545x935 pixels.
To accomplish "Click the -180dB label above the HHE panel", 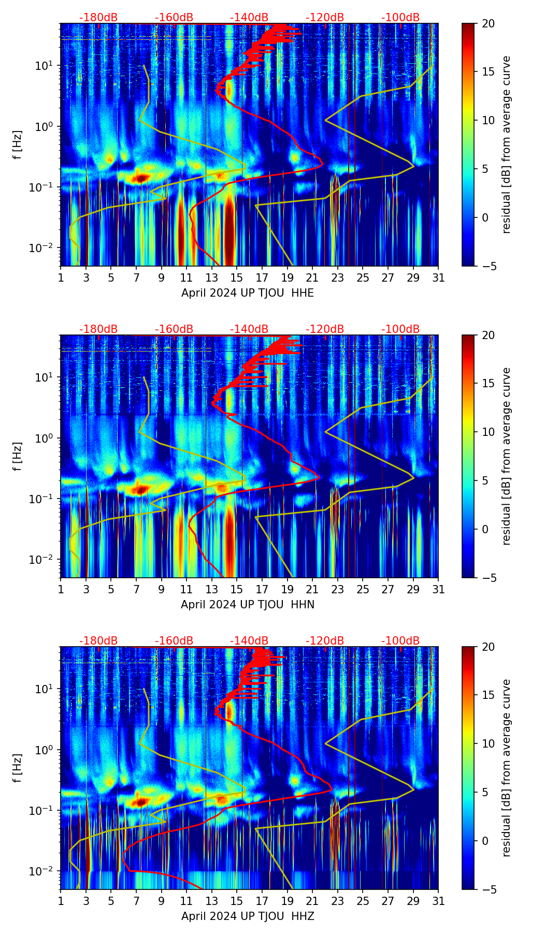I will [98, 18].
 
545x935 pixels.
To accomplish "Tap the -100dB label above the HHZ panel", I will [400, 641].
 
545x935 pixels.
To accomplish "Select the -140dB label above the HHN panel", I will [249, 329].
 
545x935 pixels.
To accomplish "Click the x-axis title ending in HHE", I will [247, 293].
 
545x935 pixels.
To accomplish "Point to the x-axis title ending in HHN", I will [247, 605].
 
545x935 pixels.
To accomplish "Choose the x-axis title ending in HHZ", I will [247, 916].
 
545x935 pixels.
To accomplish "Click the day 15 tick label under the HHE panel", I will [237, 278].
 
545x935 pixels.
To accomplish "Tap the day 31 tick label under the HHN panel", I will [438, 590].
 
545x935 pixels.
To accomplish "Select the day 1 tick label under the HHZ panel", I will [61, 901].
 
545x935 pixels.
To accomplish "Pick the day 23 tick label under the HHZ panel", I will [337, 901].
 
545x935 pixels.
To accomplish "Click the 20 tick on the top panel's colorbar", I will [489, 24].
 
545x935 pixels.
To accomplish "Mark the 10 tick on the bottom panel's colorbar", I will [489, 744].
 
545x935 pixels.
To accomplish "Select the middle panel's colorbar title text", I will [506, 456].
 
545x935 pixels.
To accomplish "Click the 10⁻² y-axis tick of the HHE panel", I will [45, 249].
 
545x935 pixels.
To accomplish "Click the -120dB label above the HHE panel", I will [325, 18].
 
